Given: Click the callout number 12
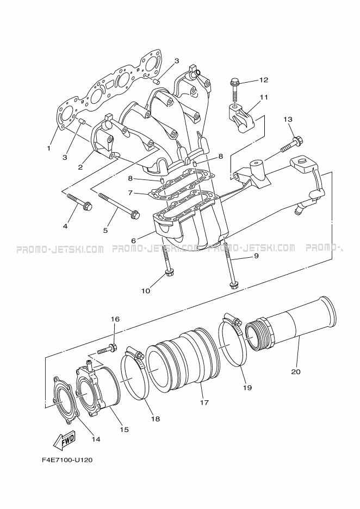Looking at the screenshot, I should tap(264, 80).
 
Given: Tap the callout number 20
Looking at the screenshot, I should tap(295, 373).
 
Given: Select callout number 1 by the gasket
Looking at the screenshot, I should tap(49, 148).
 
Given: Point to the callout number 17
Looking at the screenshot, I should tap(204, 403).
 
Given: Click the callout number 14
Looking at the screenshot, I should tap(96, 439).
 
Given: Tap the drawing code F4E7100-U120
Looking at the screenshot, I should tap(67, 460).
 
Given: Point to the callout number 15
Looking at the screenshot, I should tap(124, 430).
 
